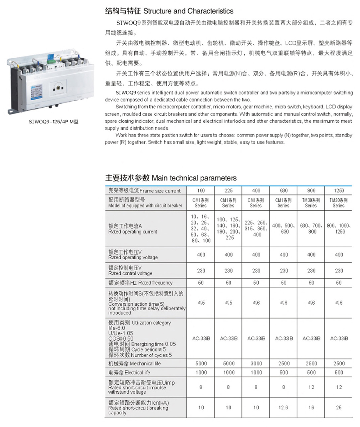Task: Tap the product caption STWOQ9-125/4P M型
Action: click(x=53, y=122)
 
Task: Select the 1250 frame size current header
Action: click(x=338, y=191)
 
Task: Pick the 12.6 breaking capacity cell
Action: click(x=283, y=408)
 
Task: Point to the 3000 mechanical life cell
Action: click(x=256, y=364)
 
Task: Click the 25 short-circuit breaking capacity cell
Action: click(x=338, y=408)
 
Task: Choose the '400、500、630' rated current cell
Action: click(x=283, y=229)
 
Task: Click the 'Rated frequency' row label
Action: click(x=140, y=283)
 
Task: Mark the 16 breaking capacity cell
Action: click(x=311, y=408)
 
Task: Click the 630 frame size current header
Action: click(x=283, y=191)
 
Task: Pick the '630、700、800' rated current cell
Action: click(x=311, y=229)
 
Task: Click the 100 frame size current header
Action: click(x=201, y=191)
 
